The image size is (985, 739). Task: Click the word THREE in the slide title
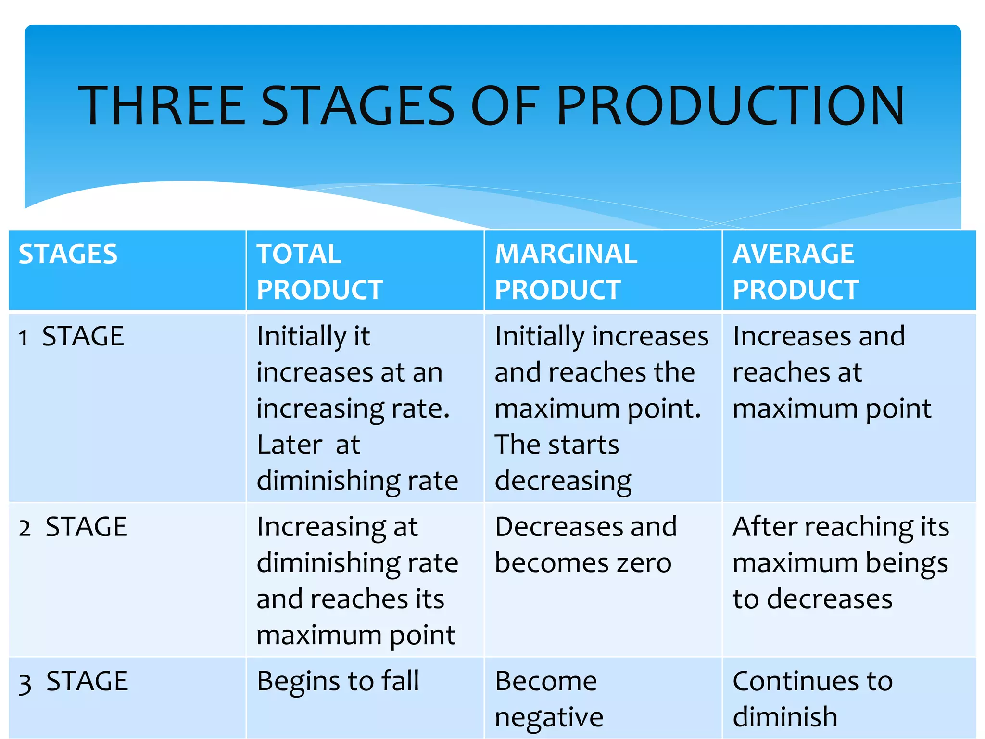tap(162, 106)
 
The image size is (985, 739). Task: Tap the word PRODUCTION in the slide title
tap(730, 106)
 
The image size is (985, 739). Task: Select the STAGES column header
tap(68, 254)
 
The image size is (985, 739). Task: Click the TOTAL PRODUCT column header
tap(319, 272)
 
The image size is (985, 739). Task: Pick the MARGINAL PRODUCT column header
tap(566, 272)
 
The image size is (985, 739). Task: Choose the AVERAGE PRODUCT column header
tap(795, 272)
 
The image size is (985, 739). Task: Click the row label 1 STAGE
tap(71, 336)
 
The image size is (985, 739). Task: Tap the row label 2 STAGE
tap(73, 526)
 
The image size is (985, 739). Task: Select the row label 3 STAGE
tap(73, 681)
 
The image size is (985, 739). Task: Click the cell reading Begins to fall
tap(338, 681)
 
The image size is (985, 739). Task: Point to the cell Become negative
tap(548, 699)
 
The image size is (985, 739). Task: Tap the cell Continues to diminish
tap(812, 699)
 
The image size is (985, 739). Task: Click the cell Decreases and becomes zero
tap(585, 545)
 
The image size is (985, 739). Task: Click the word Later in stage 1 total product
tap(289, 445)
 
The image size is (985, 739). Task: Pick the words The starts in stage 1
tap(556, 445)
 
